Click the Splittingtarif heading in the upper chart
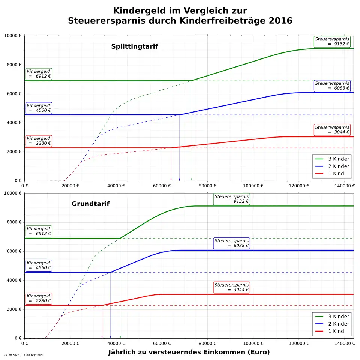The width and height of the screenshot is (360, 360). [x=134, y=47]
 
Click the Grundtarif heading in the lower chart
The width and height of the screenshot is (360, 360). [x=90, y=204]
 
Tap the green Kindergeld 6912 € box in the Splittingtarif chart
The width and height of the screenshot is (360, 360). [x=39, y=74]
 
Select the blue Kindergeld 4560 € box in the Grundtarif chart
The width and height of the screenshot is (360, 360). [x=39, y=265]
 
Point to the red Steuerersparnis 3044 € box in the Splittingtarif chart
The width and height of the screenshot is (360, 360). [x=332, y=130]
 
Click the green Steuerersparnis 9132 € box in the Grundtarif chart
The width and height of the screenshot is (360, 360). [x=232, y=199]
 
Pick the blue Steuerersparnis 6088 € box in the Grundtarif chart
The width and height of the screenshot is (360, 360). [x=232, y=243]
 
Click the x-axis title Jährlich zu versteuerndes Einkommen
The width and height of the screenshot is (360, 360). [x=189, y=352]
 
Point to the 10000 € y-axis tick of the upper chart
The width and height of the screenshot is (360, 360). [x=13, y=36]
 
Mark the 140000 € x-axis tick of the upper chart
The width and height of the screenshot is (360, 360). [x=344, y=186]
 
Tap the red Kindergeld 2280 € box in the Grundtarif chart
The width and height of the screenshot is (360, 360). [x=39, y=298]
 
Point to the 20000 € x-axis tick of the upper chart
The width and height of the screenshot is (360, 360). [x=70, y=186]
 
